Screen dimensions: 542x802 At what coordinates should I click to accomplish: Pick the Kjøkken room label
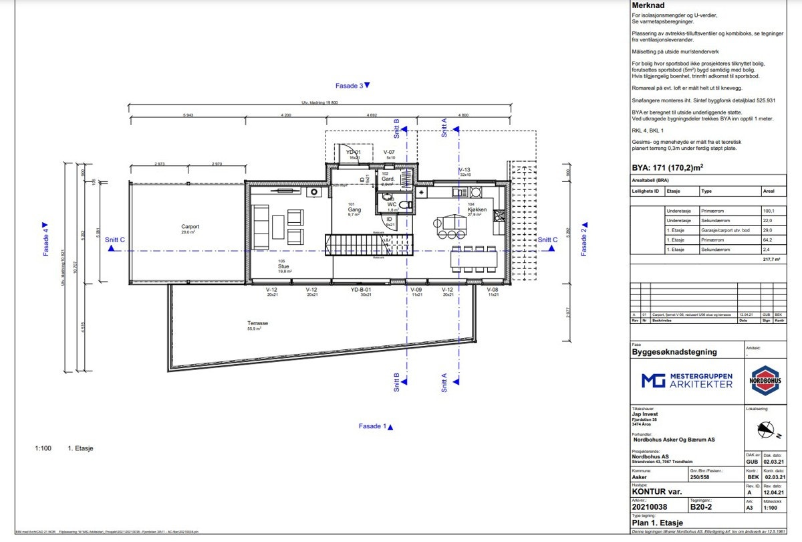[477, 211]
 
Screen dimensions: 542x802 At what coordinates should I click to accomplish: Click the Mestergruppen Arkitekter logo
[686, 381]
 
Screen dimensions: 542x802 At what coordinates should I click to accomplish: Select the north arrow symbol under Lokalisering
[766, 430]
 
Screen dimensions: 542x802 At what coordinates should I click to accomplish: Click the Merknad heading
[648, 5]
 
